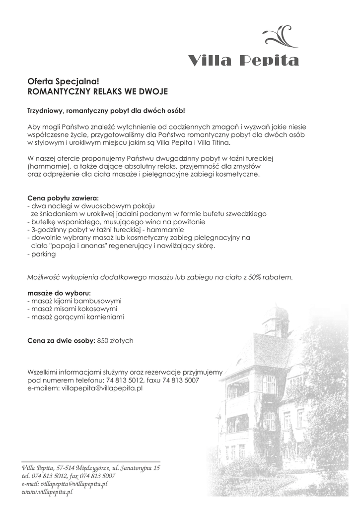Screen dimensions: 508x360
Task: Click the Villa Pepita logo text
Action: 243,61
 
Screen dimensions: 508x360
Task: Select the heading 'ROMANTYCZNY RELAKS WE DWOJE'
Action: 97,92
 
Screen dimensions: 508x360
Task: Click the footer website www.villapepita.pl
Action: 47,492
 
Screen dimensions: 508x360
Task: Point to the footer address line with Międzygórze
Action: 91,468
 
